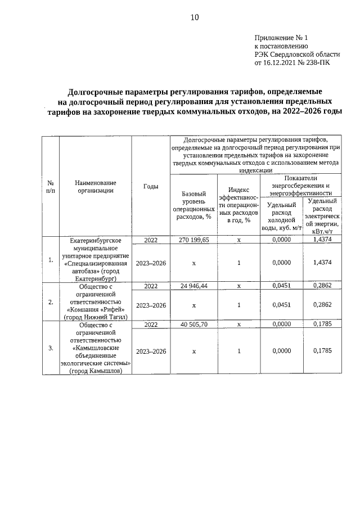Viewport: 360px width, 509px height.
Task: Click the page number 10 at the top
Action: pyautogui.click(x=194, y=17)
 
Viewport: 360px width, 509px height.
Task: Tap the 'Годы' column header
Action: pyautogui.click(x=151, y=186)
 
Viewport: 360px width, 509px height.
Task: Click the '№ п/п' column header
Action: pyautogui.click(x=51, y=186)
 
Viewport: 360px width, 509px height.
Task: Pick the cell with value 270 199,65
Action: pyautogui.click(x=193, y=240)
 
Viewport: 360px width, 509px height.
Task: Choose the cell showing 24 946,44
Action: pyautogui.click(x=193, y=286)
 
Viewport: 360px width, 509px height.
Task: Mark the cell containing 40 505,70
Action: pyautogui.click(x=193, y=325)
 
